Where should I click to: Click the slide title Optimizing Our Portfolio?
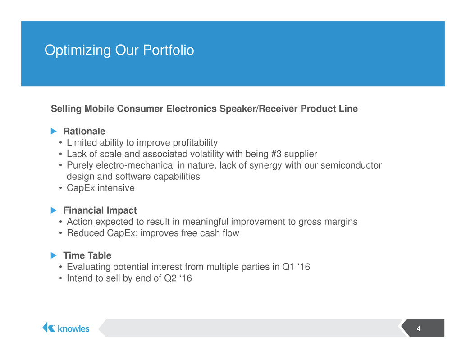[x=119, y=50]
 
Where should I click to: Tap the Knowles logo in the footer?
[x=66, y=328]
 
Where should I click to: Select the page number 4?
[x=418, y=328]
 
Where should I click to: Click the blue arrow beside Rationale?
[x=54, y=131]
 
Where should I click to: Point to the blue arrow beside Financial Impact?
[x=54, y=210]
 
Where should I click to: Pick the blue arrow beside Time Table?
[x=54, y=255]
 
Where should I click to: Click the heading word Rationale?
[x=84, y=131]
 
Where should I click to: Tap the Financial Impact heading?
[x=100, y=210]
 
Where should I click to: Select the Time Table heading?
[x=87, y=255]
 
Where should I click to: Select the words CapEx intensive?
[x=101, y=188]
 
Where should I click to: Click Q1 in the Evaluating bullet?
[x=288, y=267]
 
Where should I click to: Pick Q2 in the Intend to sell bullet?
[x=170, y=278]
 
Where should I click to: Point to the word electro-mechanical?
[x=136, y=165]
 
